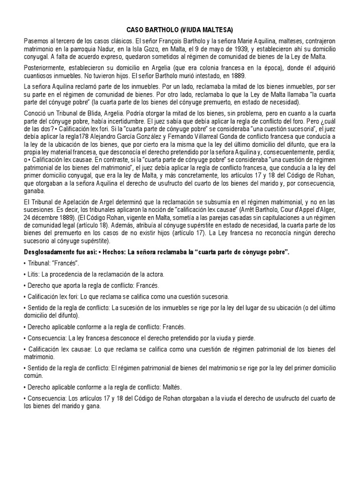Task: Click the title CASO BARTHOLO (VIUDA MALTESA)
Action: click(180, 29)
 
